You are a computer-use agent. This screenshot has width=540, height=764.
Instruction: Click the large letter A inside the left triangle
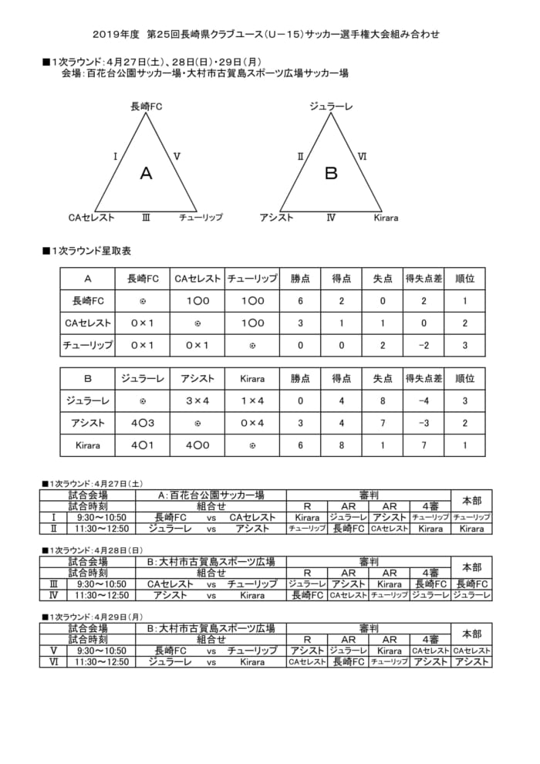point(146,174)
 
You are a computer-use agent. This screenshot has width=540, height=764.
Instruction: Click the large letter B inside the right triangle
point(331,174)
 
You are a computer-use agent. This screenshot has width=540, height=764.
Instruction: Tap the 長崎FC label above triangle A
point(146,106)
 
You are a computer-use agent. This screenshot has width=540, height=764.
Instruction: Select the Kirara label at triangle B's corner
point(386,218)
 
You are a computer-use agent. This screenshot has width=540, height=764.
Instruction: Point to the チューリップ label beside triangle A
point(201,218)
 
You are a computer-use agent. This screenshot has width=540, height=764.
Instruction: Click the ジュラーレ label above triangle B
point(331,106)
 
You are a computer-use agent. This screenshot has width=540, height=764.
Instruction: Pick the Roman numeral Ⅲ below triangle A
point(146,218)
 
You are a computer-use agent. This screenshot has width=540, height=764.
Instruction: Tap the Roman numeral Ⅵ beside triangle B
point(362,156)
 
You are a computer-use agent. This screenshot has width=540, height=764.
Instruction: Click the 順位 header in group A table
point(465,279)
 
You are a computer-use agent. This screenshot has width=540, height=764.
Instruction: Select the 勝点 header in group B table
point(301,379)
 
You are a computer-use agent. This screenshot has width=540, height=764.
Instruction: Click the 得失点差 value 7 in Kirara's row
point(424,445)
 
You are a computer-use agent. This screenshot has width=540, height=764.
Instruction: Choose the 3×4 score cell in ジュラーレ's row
point(197,401)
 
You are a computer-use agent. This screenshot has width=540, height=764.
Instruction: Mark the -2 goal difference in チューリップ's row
point(424,345)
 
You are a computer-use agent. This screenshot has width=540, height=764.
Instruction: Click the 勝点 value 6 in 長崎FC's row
point(301,301)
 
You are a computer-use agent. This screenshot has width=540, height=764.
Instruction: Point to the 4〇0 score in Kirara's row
point(197,445)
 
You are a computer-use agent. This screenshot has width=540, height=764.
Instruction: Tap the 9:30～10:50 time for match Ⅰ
point(102,517)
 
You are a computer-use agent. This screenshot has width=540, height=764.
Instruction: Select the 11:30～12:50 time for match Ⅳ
point(102,595)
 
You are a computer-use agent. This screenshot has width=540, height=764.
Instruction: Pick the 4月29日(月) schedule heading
point(92,617)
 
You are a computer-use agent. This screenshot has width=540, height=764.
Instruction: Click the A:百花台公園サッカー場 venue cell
point(211,495)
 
